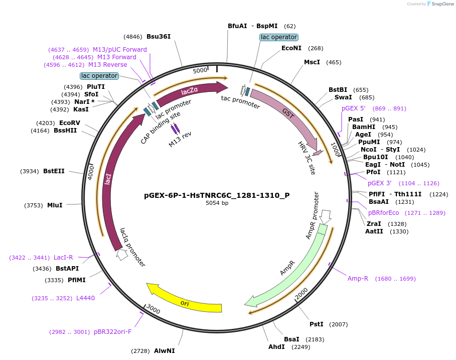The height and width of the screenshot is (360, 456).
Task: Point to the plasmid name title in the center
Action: tap(217, 195)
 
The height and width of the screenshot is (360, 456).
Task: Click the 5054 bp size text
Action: tap(217, 203)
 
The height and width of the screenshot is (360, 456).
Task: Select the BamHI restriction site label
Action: tap(360, 127)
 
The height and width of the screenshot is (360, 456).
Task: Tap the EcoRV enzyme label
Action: tap(69, 123)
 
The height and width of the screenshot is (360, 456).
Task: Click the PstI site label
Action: tap(316, 324)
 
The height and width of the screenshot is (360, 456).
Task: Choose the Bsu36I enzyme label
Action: tap(159, 37)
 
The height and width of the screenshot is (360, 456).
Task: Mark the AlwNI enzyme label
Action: tap(165, 351)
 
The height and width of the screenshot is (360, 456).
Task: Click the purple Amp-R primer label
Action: tap(358, 279)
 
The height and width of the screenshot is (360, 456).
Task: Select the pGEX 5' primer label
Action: tap(354, 108)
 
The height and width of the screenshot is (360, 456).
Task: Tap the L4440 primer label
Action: tap(85, 298)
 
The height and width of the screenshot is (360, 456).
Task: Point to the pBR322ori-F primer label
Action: tap(112, 332)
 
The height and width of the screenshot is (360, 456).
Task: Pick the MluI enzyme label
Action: tap(55, 205)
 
